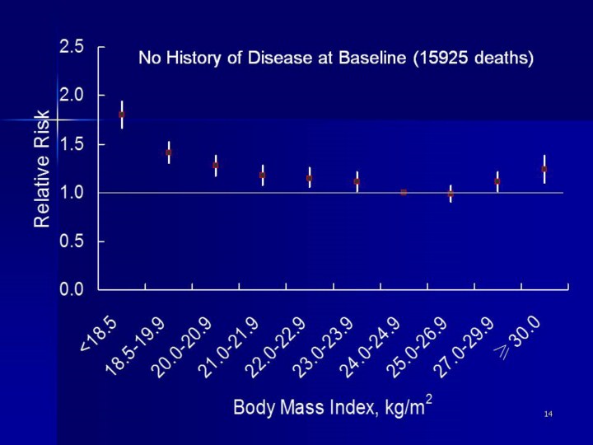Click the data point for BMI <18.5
122,115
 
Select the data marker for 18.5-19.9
169,152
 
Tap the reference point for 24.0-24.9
404,192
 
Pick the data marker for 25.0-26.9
451,194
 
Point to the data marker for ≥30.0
544,169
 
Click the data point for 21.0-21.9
263,175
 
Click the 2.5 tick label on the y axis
72,47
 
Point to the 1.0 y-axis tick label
72,193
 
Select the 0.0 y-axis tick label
72,290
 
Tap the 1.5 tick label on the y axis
72,144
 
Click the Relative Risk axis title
43,169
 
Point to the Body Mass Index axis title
333,406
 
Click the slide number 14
548,412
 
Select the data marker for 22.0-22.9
310,178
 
